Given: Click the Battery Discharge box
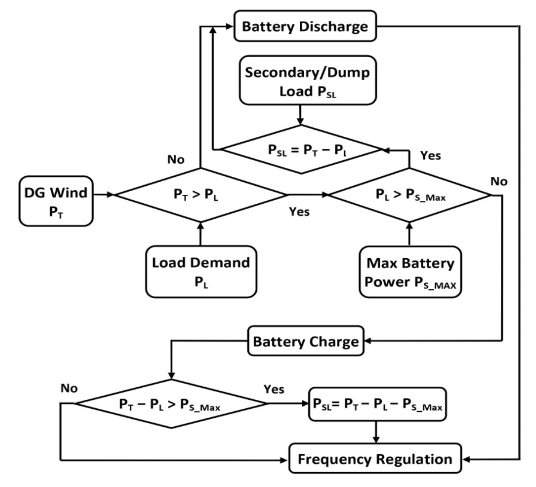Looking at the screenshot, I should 305,26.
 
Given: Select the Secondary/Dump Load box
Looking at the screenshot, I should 308,80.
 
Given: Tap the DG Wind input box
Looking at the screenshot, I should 56,201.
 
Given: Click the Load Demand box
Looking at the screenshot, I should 201,272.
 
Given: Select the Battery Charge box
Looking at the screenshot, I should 306,341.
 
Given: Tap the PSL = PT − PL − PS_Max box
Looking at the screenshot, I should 377,404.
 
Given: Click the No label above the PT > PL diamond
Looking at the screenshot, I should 176,159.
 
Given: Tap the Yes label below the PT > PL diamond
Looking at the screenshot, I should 299,212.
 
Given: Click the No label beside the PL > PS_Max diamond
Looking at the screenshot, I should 499,181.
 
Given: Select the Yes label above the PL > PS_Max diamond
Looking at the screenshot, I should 430,155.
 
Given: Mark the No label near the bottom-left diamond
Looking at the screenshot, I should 69,388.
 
